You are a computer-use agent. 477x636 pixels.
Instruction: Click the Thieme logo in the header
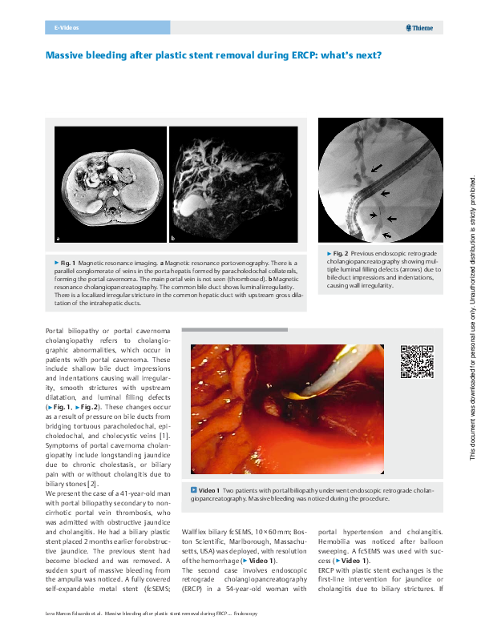click(x=420, y=28)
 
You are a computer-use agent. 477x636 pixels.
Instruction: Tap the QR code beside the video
click(x=417, y=361)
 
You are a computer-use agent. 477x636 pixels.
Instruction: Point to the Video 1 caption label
click(x=208, y=489)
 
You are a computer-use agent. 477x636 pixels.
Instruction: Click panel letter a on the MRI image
click(x=58, y=239)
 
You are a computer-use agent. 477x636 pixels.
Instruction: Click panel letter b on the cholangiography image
click(x=173, y=239)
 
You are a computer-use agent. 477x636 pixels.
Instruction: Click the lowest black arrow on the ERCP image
click(x=388, y=234)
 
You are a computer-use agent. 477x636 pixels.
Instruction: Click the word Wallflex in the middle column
click(x=196, y=530)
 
